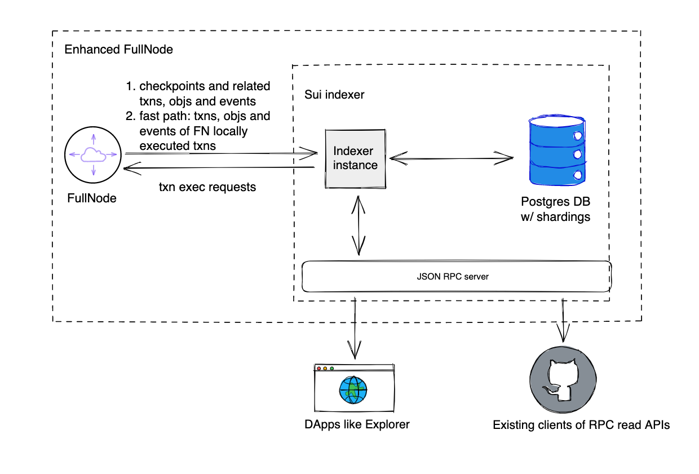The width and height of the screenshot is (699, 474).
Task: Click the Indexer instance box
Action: coord(355,158)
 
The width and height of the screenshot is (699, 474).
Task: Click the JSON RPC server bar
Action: coord(457,276)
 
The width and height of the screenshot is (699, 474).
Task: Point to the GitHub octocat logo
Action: coord(562,375)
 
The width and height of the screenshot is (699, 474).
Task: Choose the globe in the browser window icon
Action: coord(353,389)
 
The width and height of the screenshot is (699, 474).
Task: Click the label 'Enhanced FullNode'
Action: coord(118,50)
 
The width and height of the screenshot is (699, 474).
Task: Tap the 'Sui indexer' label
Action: coord(334,95)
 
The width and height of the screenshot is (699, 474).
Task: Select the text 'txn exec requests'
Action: coord(207,187)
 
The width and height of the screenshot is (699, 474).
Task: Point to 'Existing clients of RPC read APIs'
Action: coord(581,425)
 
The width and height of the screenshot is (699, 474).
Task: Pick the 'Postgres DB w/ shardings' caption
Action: coord(556,209)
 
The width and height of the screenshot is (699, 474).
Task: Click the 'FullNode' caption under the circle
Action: coord(92,198)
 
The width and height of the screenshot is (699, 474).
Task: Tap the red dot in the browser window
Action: coord(319,369)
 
